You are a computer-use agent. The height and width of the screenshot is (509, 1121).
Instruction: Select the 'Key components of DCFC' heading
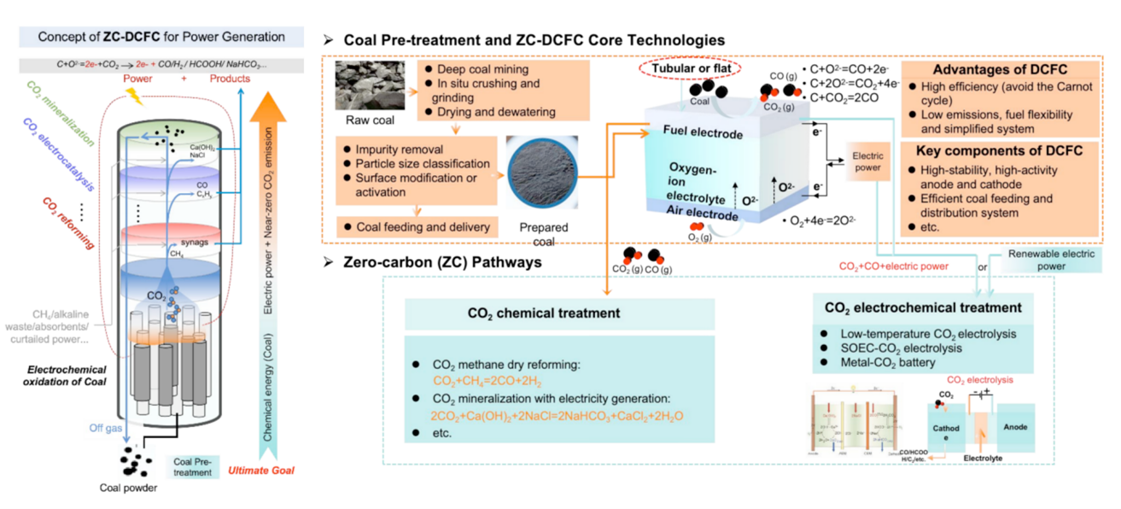click(995, 151)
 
